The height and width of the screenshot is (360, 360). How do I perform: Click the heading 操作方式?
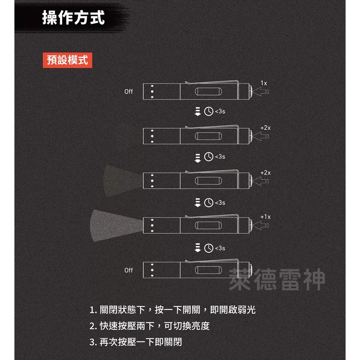point(73,17)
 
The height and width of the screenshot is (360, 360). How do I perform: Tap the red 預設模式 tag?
point(67,60)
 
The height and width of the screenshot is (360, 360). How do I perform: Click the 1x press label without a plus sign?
point(264,83)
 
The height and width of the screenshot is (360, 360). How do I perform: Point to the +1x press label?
point(265,217)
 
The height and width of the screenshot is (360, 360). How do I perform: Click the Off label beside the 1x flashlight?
point(129,91)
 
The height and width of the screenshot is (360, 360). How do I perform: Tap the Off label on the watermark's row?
point(129,270)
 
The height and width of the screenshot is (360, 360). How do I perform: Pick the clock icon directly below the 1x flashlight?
point(208,111)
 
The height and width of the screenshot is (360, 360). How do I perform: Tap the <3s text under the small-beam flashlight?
point(220,202)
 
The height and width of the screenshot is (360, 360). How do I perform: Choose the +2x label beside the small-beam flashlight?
point(265,173)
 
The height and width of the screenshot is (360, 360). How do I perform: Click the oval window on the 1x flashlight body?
point(208,92)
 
